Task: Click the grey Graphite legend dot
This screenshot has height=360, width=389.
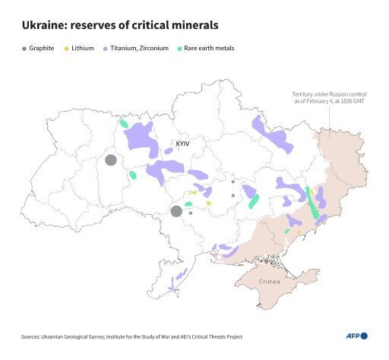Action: click(24, 49)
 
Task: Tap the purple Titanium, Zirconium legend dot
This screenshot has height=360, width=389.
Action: click(104, 49)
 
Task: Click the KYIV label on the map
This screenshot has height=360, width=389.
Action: click(182, 144)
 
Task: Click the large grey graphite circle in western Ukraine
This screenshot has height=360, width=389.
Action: click(111, 159)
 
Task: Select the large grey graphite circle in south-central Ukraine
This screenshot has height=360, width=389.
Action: click(176, 210)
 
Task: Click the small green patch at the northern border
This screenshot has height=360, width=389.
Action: click(123, 123)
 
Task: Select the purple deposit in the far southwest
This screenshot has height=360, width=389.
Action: click(176, 282)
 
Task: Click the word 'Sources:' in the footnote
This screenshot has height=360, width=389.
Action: click(32, 336)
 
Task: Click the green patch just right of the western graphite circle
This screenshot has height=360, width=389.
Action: click(133, 175)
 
